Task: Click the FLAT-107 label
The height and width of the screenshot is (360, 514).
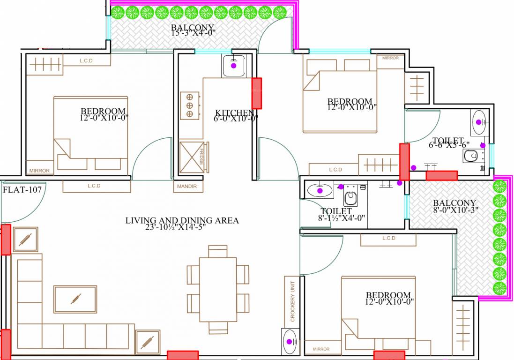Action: (x=22, y=190)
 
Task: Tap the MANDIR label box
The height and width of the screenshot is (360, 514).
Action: (x=188, y=187)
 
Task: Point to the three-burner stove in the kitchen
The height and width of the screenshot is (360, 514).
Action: (x=190, y=105)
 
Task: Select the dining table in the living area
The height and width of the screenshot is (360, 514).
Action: (x=218, y=289)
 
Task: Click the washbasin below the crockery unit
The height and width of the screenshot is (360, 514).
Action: (x=290, y=342)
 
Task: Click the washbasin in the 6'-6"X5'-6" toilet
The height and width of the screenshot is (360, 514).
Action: (x=479, y=122)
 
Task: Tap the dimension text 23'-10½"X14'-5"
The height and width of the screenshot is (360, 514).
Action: (x=182, y=228)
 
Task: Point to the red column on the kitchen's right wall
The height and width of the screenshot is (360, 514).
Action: (x=257, y=93)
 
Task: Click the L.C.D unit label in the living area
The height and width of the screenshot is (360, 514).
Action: (x=94, y=186)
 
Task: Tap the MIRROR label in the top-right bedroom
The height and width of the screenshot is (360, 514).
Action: (x=390, y=58)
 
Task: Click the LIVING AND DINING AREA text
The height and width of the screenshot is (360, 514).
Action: (x=182, y=220)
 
